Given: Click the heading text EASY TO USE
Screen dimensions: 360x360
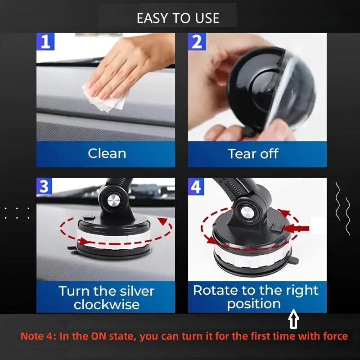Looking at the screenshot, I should pos(178,18).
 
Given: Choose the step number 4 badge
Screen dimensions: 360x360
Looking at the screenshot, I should pos(196,186).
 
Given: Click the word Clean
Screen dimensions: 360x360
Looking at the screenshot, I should pos(107,153).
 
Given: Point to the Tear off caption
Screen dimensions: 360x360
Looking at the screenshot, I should pos(253,153).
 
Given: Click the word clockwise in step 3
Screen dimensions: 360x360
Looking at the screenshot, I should pos(107,305).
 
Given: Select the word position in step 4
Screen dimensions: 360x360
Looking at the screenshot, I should pos(254,304).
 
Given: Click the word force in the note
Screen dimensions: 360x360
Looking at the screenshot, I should pos(334,336).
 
